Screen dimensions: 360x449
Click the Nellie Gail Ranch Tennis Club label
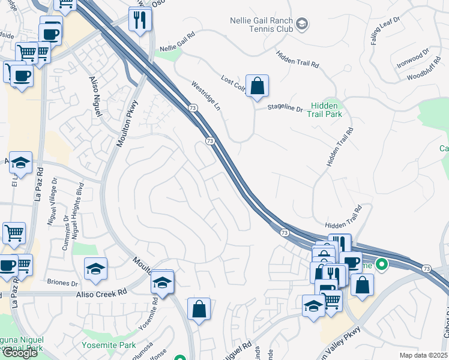262,25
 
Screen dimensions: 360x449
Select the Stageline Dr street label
285,109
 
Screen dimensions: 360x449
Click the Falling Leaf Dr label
376,31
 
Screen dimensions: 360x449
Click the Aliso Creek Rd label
102,293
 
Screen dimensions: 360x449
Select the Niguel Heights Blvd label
77,210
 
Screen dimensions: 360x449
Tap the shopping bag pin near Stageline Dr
257,86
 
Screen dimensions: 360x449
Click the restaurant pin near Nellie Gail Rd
140,19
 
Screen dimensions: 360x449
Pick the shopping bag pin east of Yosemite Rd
199,309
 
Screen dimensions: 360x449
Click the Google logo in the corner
20,353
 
